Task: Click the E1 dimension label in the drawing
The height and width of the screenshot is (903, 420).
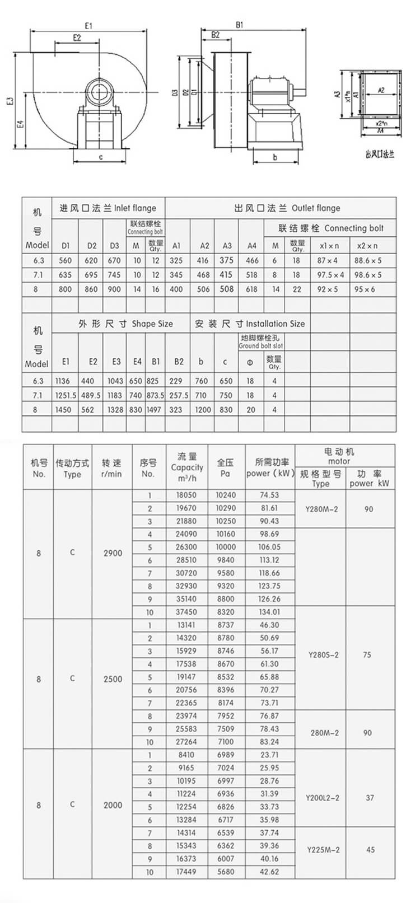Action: pos(88,26)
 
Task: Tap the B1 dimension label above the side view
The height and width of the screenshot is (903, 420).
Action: pos(239,25)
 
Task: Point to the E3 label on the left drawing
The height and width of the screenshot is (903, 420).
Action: pos(10,101)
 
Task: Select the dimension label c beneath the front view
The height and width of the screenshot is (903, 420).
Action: pos(101,157)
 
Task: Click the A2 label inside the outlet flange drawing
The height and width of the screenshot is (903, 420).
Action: pos(381,90)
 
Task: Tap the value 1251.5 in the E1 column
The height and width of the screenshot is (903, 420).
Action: pos(65,395)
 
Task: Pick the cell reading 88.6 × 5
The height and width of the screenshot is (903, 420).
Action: pos(367,260)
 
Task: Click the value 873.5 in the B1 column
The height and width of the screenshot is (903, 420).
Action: pos(156,395)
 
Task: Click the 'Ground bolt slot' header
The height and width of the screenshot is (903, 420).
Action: pos(260,342)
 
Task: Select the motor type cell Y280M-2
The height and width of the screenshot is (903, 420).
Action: pos(323,509)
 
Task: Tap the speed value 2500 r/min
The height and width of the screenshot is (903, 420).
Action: pos(113,679)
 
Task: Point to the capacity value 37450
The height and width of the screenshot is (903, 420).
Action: pos(186,612)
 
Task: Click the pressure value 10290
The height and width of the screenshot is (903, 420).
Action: pos(226,508)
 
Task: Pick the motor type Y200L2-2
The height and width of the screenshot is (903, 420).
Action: pos(323,798)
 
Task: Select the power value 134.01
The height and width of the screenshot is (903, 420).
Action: pos(269,612)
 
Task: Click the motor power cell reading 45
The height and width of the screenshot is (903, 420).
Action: pos(370,850)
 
